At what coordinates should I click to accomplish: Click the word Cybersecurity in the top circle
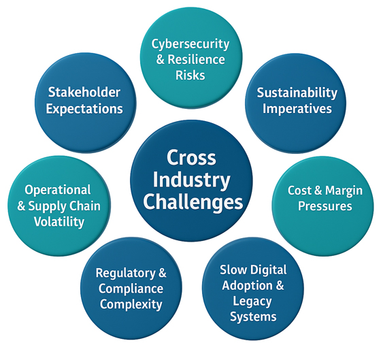coord(190,44)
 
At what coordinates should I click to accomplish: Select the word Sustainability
coord(297,93)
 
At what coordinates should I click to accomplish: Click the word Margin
coord(337,191)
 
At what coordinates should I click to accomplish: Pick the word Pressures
coord(325,206)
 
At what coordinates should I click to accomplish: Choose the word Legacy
coord(253,302)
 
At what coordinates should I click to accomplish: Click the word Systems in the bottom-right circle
coord(253,317)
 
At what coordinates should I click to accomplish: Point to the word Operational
coord(57,191)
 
